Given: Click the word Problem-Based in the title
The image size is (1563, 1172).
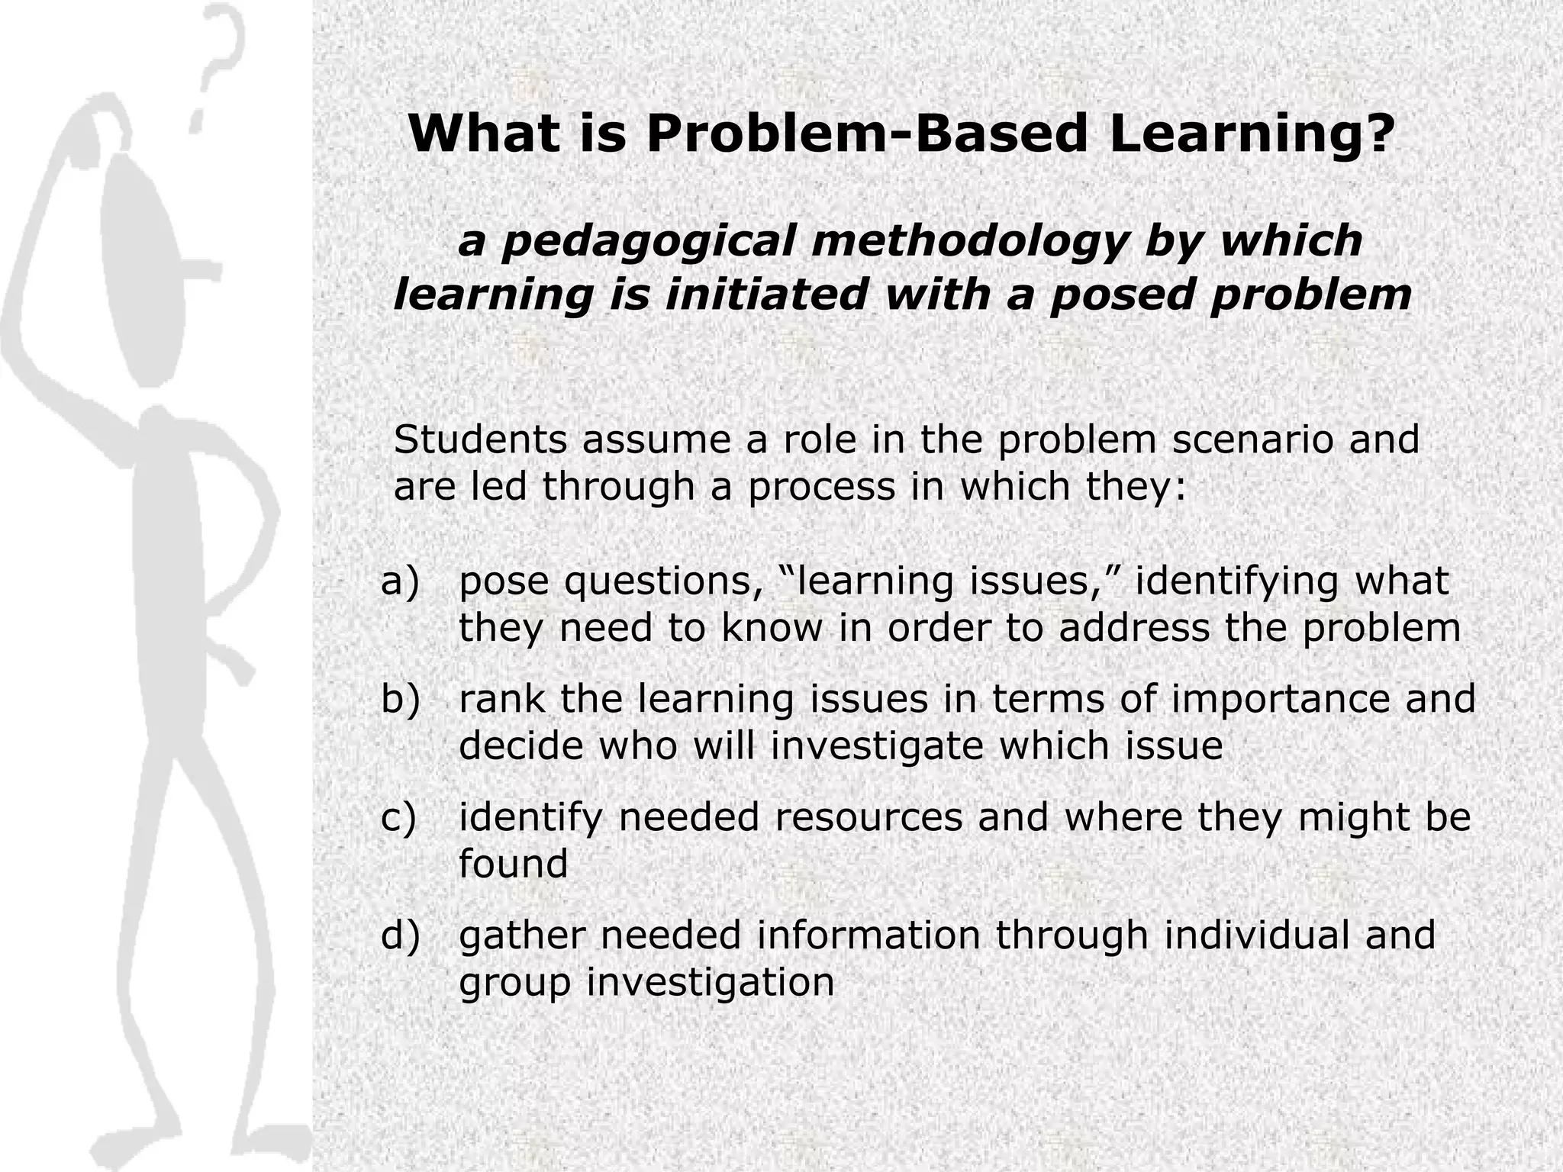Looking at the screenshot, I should [x=869, y=134].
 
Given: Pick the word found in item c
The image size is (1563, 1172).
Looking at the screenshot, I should [x=513, y=864].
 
